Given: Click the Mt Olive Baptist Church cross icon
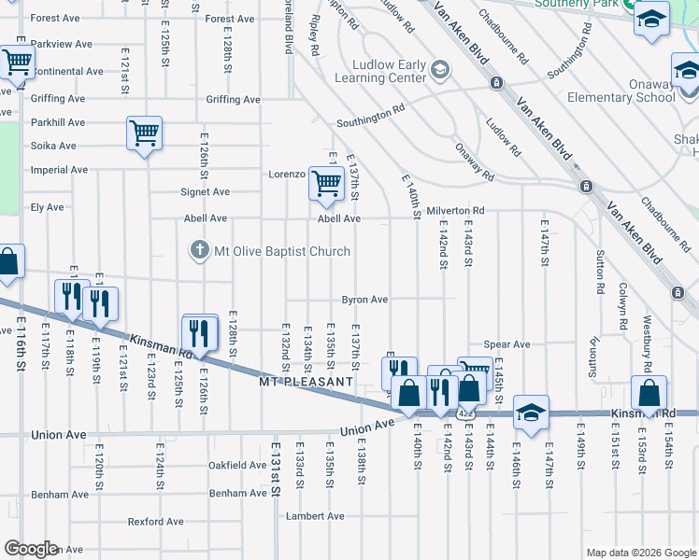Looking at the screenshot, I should pos(197,250).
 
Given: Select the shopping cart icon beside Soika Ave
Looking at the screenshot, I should pos(145,133).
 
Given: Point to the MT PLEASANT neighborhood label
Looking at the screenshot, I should pos(306,382).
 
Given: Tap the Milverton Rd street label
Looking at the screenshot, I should pos(455,212).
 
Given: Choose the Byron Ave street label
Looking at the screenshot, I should pos(364,300).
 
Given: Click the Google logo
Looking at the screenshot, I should pos(31,548).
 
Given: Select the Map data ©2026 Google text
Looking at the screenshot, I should pos(640,552).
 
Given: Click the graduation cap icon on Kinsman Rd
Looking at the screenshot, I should pos(530,413).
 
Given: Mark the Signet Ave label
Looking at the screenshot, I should pos(206,192).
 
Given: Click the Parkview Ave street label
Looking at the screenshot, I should pos(61,44).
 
